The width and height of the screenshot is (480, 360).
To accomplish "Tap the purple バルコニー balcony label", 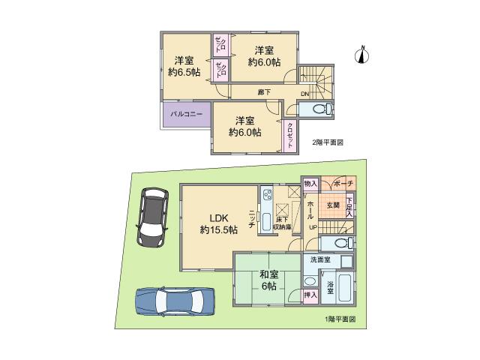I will click(183, 115).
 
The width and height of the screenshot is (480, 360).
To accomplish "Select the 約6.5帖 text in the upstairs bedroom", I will click(184, 72).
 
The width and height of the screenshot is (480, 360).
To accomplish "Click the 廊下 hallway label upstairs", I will click(264, 92).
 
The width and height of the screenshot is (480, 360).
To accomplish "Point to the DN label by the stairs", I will click(305, 93).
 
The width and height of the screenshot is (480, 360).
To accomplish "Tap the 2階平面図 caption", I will click(327, 142).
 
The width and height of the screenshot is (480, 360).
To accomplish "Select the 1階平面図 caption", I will click(340, 319).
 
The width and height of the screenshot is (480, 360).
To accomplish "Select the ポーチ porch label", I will click(343, 184).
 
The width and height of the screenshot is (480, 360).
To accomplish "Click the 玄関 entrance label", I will click(333, 205).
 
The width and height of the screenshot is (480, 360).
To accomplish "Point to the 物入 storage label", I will click(311, 184).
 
